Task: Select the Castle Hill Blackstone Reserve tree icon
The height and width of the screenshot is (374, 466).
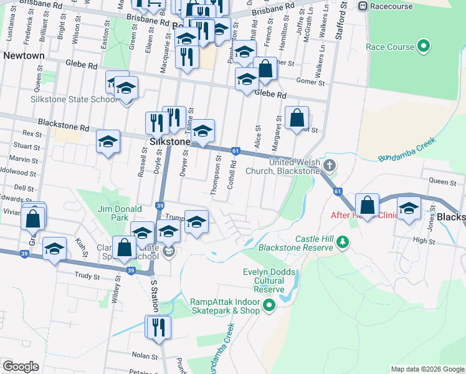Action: click(x=341, y=242)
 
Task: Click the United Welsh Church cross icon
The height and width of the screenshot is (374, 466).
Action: click(x=330, y=165)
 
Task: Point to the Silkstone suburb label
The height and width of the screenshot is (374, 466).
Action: click(x=170, y=142)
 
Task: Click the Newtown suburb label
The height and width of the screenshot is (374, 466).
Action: click(x=24, y=55)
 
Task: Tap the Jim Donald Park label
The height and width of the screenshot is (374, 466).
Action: click(x=119, y=214)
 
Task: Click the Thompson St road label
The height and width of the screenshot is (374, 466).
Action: click(x=218, y=175)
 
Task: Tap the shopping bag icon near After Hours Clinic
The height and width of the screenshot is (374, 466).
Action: click(x=368, y=205)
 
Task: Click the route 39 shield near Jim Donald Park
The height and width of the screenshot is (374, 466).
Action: click(x=160, y=206)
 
